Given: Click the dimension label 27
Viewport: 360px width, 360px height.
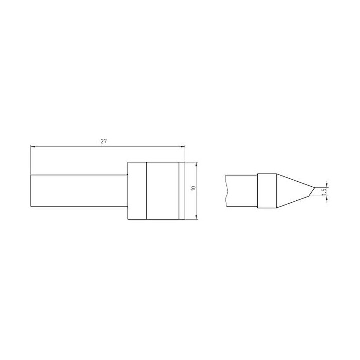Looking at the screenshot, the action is [104, 141].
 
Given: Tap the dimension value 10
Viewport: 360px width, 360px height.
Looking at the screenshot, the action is [193, 188].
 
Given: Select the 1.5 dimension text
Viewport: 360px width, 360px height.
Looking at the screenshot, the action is [324, 192].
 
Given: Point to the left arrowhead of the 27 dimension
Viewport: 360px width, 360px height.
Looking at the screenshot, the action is [33, 147].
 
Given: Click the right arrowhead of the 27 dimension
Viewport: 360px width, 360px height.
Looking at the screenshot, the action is [183, 147].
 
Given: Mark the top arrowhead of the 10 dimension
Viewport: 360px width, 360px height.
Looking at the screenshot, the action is [196, 164].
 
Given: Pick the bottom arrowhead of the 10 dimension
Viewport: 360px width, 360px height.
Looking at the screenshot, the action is [196, 217].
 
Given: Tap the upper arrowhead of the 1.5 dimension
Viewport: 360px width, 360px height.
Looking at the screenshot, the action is [327, 185].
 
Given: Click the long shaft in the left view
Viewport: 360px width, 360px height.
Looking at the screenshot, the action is [79, 191].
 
